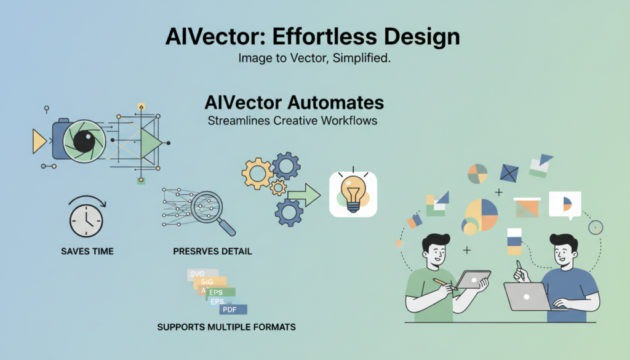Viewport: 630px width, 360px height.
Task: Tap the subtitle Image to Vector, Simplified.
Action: pos(314,59)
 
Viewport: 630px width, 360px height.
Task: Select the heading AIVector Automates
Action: pos(293,102)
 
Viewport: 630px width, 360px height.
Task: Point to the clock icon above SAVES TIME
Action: pos(86,220)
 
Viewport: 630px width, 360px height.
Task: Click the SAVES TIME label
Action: pos(87,251)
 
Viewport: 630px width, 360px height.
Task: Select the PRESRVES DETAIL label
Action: pos(212,251)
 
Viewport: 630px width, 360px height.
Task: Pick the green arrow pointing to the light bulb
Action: pos(304,197)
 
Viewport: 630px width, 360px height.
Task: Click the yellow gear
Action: pos(257,174)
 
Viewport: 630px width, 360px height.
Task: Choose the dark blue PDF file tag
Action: pos(233,310)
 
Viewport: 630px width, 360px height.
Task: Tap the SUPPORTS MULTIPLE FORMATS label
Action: pos(226,327)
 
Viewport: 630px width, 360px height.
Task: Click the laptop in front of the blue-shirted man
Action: pos(528,296)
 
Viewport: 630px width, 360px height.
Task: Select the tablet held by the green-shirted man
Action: pos(472,279)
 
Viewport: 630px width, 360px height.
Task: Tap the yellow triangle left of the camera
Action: pos(39,142)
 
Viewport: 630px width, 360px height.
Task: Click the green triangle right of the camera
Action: pos(150,143)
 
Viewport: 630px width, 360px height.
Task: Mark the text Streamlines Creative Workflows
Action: pos(293,121)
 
